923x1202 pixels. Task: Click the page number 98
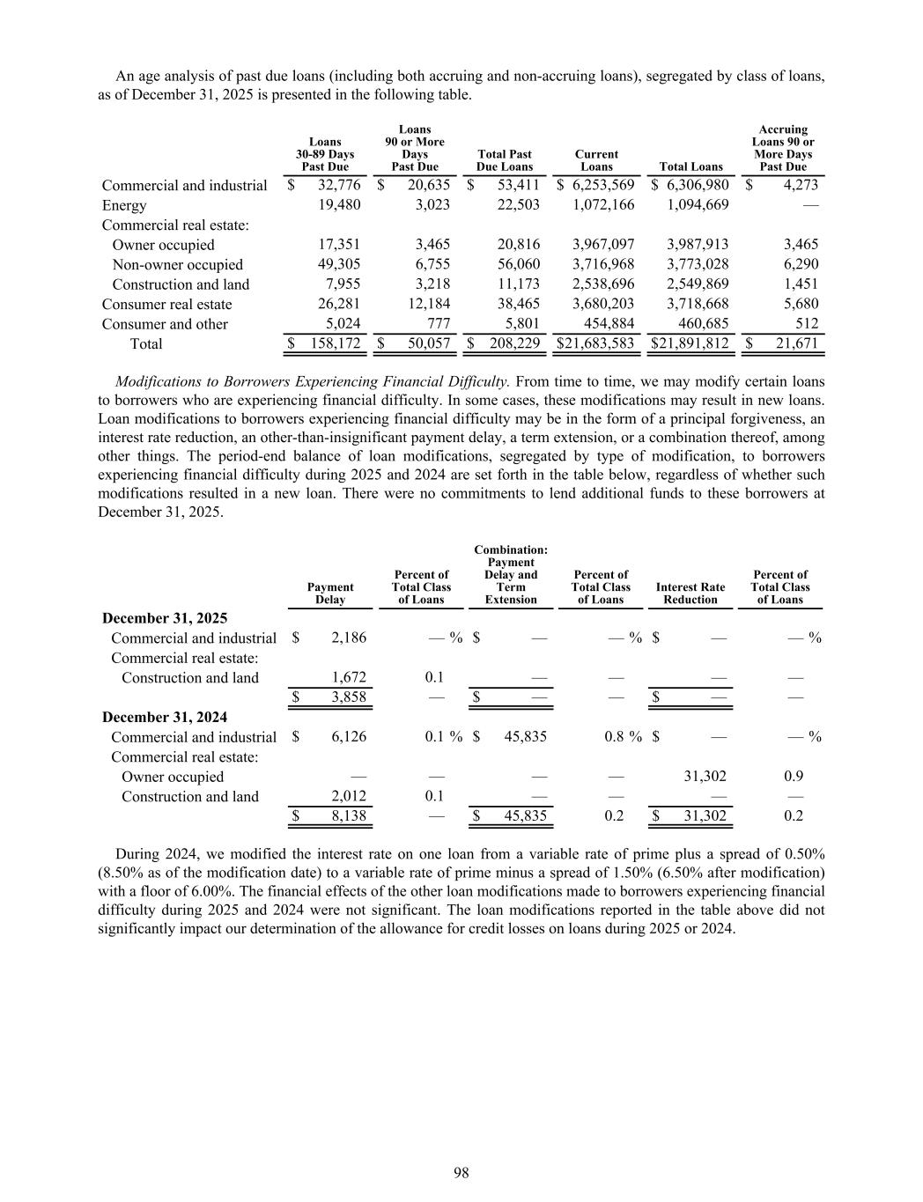pyautogui.click(x=461, y=1172)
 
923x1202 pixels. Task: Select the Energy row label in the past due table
pyautogui.click(x=124, y=205)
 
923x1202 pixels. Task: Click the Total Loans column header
pyautogui.click(x=690, y=166)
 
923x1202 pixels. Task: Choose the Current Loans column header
pyautogui.click(x=596, y=160)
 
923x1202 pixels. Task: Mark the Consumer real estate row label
pyautogui.click(x=166, y=304)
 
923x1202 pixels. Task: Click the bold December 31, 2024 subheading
pyautogui.click(x=165, y=717)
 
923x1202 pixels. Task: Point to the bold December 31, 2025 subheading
pyautogui.click(x=165, y=618)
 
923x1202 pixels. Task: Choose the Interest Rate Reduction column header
pyautogui.click(x=690, y=594)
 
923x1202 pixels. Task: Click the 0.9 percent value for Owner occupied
pyautogui.click(x=793, y=777)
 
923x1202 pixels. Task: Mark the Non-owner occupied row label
pyautogui.click(x=177, y=264)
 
